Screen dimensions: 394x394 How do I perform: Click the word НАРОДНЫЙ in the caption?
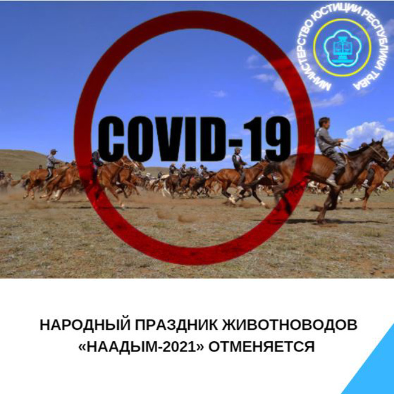point(85,326)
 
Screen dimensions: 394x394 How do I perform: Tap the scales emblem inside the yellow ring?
point(342,48)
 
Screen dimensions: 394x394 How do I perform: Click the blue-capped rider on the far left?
point(52,163)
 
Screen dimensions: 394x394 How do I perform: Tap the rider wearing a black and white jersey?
point(237,162)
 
